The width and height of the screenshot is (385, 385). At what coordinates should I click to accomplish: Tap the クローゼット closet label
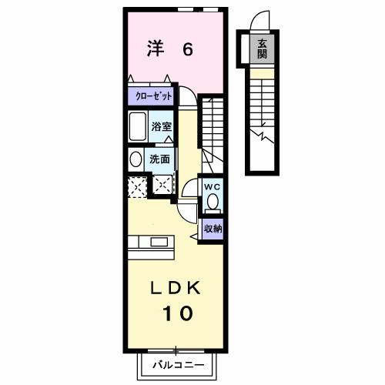click(x=151, y=97)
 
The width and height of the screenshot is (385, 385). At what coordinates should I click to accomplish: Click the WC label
click(x=213, y=187)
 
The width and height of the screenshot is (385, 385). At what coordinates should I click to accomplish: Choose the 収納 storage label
click(x=213, y=228)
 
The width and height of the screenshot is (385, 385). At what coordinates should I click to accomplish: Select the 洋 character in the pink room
click(x=156, y=49)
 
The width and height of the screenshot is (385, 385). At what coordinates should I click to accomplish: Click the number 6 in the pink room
click(x=187, y=50)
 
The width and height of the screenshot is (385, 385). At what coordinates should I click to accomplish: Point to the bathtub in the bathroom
click(x=139, y=125)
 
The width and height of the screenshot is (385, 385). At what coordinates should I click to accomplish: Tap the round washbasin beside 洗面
click(x=136, y=159)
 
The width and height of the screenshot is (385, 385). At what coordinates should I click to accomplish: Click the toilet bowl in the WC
click(x=213, y=203)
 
